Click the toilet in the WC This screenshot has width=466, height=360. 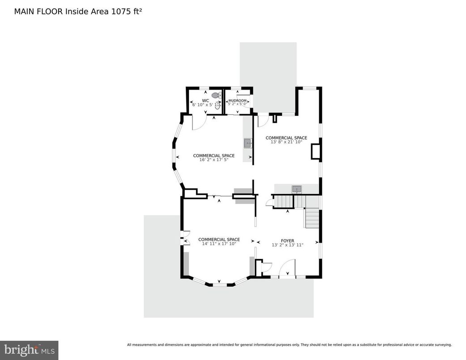pos(215,95)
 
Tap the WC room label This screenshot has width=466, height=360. pos(205,100)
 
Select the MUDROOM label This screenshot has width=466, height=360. pos(237,101)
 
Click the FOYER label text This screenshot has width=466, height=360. pos(287,241)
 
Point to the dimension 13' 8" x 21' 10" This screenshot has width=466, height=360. pos(286,142)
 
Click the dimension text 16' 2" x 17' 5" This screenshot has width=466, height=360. pos(214,159)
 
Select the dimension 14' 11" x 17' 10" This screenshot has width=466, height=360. pos(219,243)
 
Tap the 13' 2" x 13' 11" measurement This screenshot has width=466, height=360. pos(287,245)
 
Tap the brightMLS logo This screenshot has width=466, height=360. pos(29,350)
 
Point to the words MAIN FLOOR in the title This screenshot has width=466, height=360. pos(38,11)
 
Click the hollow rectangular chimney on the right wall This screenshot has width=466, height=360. pos(316,151)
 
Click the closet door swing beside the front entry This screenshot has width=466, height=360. pos(266,267)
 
